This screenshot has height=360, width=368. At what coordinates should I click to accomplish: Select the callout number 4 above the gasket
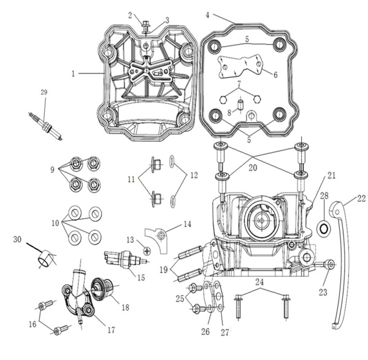click(207, 14)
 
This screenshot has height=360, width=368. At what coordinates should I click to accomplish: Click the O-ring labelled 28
click(321, 229)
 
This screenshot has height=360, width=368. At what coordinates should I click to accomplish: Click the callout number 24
click(260, 283)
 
